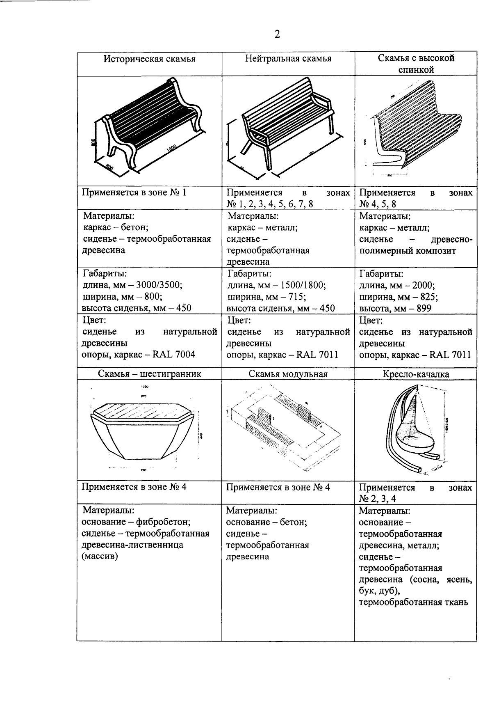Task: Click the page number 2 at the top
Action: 277,34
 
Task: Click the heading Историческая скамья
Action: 149,59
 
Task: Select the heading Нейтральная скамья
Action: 288,58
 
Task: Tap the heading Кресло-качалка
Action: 415,374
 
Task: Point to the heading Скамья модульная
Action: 288,374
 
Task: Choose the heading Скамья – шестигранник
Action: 149,374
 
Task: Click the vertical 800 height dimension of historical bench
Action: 93,142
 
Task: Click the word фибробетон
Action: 163,522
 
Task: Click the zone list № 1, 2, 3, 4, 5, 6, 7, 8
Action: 270,204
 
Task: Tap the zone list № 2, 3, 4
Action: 378,499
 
